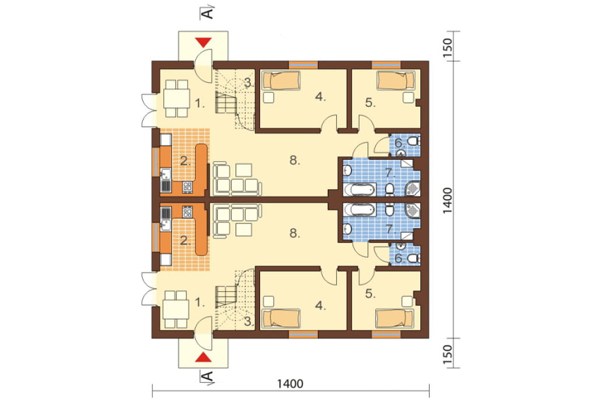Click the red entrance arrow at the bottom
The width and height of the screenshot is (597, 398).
click(203, 357)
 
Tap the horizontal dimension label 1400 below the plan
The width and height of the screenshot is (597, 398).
click(290, 383)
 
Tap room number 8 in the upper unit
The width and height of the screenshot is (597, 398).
click(294, 160)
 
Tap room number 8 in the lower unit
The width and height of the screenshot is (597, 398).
click(294, 233)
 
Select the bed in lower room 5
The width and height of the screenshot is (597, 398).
click(395, 318)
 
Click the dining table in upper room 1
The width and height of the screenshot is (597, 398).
click(177, 99)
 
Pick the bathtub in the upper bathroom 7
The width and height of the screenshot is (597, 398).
click(360, 189)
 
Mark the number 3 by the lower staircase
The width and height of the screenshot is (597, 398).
click(248, 322)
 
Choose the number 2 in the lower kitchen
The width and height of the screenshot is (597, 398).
click(185, 240)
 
